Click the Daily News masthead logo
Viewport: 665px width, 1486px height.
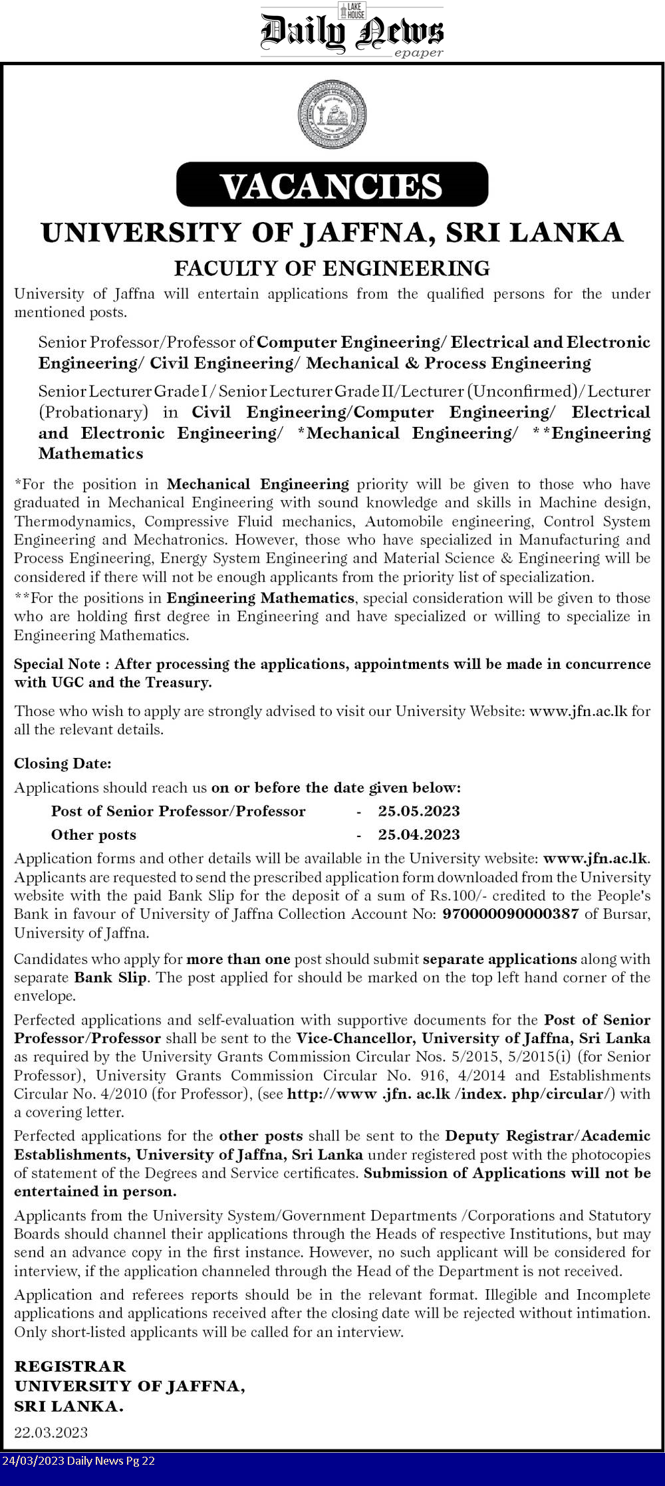click(x=351, y=31)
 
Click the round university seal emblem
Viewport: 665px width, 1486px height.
click(x=332, y=114)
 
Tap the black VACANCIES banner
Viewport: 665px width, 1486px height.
click(x=332, y=185)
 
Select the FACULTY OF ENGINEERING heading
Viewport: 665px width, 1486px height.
click(x=332, y=268)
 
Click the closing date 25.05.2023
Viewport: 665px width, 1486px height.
click(x=419, y=810)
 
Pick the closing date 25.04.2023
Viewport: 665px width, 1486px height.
click(x=419, y=834)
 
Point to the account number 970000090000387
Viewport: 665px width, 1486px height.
click(x=511, y=914)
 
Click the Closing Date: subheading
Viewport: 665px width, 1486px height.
click(x=63, y=763)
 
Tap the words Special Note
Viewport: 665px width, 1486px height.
click(x=57, y=664)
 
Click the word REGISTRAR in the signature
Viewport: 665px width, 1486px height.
click(x=70, y=1366)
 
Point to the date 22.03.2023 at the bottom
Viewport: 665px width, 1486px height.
click(x=51, y=1432)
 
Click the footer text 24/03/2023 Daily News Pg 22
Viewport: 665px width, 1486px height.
click(x=78, y=1461)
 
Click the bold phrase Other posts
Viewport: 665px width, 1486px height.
click(x=93, y=834)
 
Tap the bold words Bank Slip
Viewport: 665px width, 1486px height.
click(x=110, y=977)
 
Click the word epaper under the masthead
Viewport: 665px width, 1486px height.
click(x=418, y=53)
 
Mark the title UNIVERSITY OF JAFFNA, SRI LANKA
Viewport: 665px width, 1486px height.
click(x=332, y=232)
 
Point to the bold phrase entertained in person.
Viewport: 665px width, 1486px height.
click(x=95, y=1191)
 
